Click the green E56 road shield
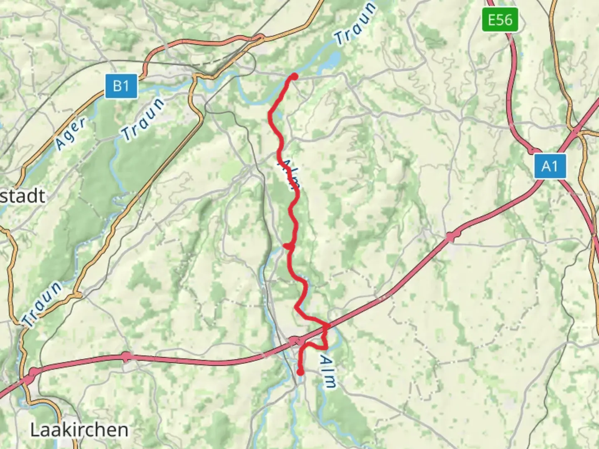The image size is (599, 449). coord(500,20)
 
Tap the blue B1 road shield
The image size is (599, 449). coord(121,86)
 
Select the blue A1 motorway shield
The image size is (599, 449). coord(549,166)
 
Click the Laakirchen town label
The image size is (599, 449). coord(79,430)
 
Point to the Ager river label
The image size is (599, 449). coord(71,133)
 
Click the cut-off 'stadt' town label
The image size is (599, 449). coord(22,196)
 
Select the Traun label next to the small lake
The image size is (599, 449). coord(356,24)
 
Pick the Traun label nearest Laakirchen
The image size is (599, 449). coord(42,304)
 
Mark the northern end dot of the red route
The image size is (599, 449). coord(294,76)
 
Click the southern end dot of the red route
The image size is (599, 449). coord(300,372)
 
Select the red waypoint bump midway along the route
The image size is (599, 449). coord(289,247)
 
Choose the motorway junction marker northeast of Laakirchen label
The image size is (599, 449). coord(126,356)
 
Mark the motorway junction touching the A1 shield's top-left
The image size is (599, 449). coord(534,150)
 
